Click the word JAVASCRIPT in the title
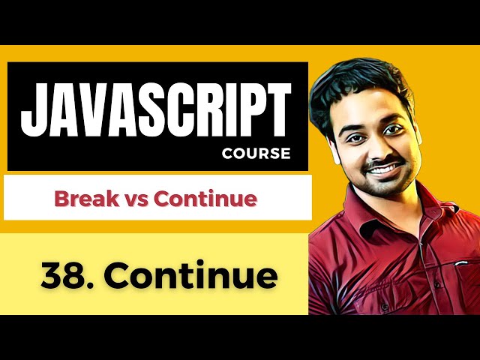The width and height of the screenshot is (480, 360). point(155,109)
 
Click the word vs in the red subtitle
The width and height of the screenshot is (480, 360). point(130,199)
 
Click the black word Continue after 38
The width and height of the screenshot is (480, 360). point(190,276)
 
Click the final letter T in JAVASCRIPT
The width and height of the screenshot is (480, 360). point(277,109)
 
